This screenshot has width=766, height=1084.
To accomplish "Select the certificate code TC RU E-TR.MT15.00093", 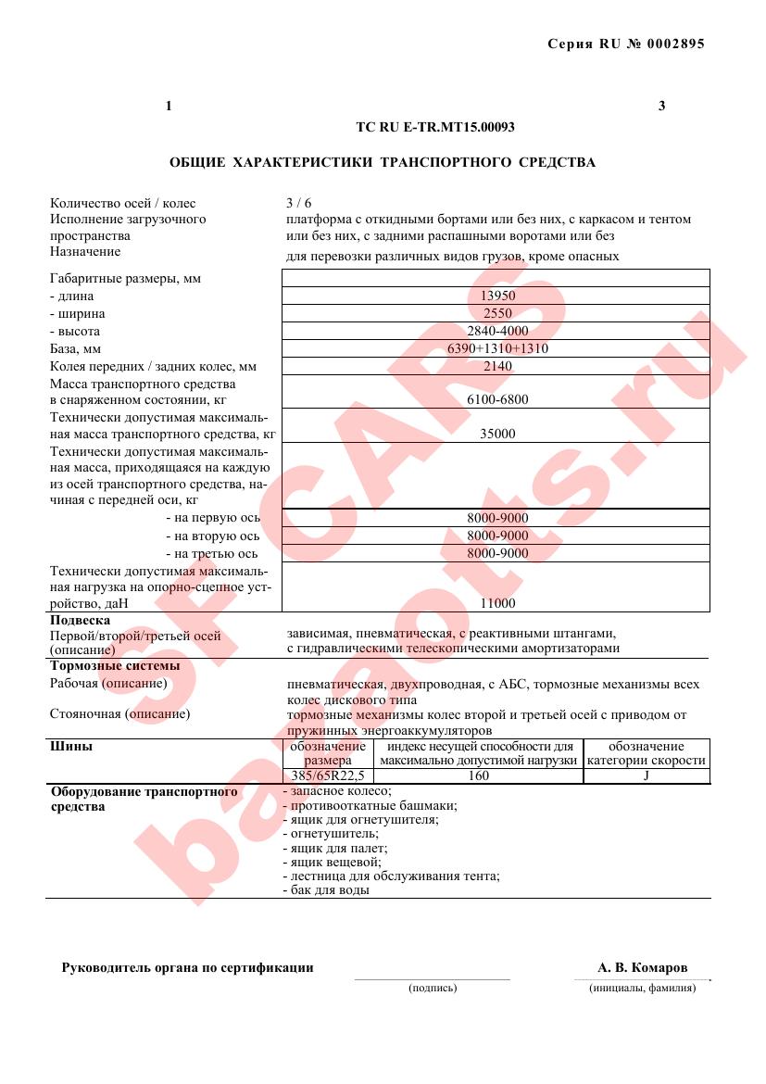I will coord(435,128).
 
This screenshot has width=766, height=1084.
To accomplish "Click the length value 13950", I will coord(497,296).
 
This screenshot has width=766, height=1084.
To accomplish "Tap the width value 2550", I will coord(497,314).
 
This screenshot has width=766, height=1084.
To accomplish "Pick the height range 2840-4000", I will coord(497,332).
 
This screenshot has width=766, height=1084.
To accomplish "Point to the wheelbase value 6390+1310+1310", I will coord(497,349).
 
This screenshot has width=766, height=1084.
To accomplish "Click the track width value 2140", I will coord(497,367).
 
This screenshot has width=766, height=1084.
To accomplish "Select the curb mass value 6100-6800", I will coord(497,399).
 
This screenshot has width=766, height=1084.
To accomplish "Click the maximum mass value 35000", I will coord(497,434).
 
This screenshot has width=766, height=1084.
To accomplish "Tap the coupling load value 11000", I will coord(497,603).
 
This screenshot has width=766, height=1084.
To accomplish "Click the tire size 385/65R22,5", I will coord(320,776).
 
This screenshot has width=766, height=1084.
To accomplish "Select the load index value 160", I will coord(478,776).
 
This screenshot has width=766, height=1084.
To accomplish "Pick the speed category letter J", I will coord(646,776).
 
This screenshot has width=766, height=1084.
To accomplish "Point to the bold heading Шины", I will coord(70,746).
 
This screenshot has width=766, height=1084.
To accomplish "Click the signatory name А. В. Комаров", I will coord(643,968).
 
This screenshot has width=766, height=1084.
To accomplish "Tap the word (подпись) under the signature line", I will coord(433,989).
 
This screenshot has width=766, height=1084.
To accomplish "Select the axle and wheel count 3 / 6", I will coord(299,204).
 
